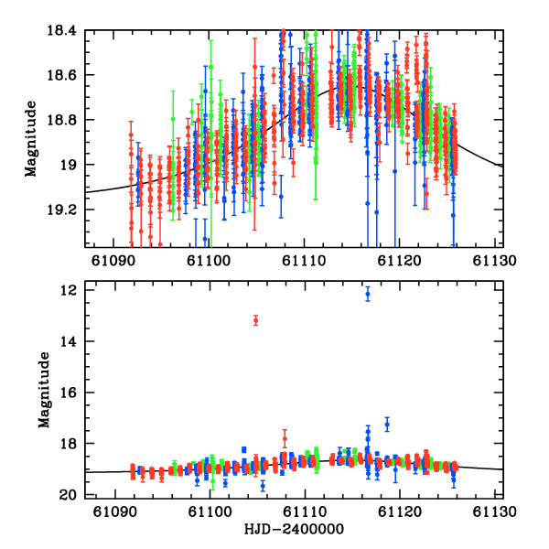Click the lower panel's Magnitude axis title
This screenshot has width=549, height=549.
43,392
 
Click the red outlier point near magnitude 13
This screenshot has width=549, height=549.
255,320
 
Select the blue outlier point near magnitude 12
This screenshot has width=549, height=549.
368,294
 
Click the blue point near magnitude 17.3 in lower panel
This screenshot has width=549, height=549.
387,425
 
